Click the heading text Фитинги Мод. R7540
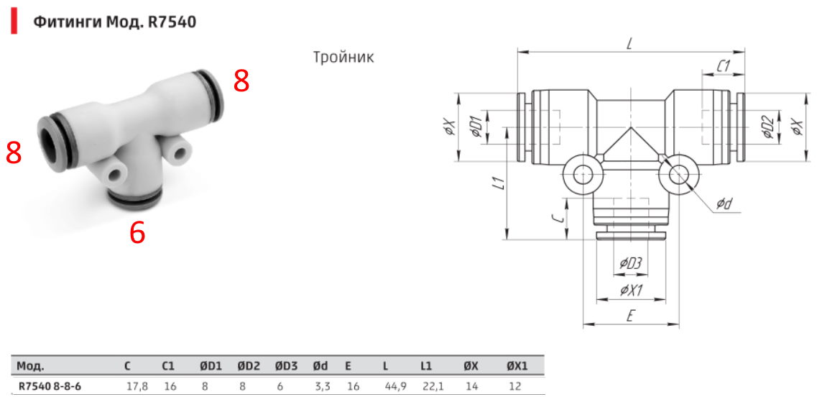click(x=115, y=22)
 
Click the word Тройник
click(x=343, y=57)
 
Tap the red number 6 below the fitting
click(x=137, y=233)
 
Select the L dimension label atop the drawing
click(x=629, y=45)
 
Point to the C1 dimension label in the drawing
click(x=722, y=66)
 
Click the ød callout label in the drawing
click(x=724, y=204)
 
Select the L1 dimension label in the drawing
click(x=499, y=183)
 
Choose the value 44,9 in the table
click(x=396, y=386)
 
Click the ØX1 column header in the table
click(x=517, y=366)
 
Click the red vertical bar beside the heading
click(x=14, y=22)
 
